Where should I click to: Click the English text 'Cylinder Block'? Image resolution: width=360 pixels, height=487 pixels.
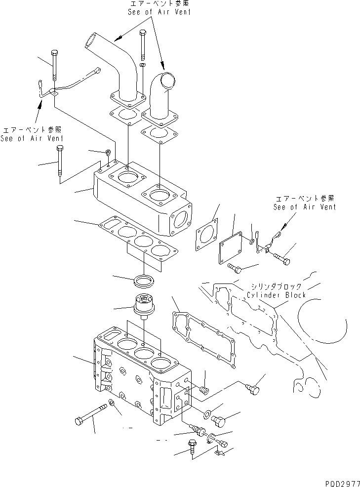coord(277,295)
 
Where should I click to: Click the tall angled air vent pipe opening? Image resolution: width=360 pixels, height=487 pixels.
coord(92,39)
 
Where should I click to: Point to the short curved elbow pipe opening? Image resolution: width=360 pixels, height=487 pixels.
coord(166,80)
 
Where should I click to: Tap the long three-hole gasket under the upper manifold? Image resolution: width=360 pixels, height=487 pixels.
coord(136,239)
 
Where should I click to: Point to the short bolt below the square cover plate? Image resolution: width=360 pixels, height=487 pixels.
coord(236,268)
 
